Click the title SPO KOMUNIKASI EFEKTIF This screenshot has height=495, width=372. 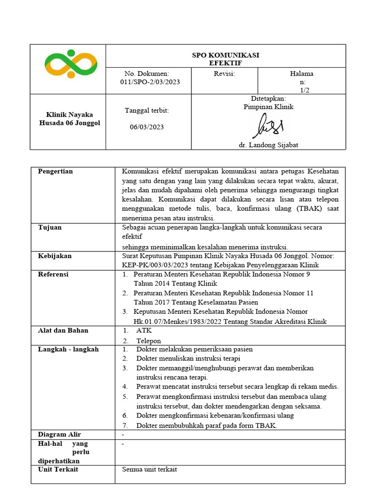click(225, 59)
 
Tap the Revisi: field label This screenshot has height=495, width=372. click(224, 74)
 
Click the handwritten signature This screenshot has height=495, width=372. click(267, 126)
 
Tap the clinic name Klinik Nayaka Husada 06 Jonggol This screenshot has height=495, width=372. click(69, 119)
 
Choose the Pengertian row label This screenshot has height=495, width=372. click(55, 172)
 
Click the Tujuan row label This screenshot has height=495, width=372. click(50, 228)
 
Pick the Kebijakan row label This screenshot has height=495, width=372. click(54, 256)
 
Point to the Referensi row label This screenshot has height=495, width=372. click(53, 275)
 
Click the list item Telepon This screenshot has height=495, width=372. click(148, 341)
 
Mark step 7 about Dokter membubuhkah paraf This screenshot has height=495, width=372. click(207, 425)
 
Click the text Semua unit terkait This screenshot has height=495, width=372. click(149, 469)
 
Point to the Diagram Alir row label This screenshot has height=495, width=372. click(59, 435)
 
